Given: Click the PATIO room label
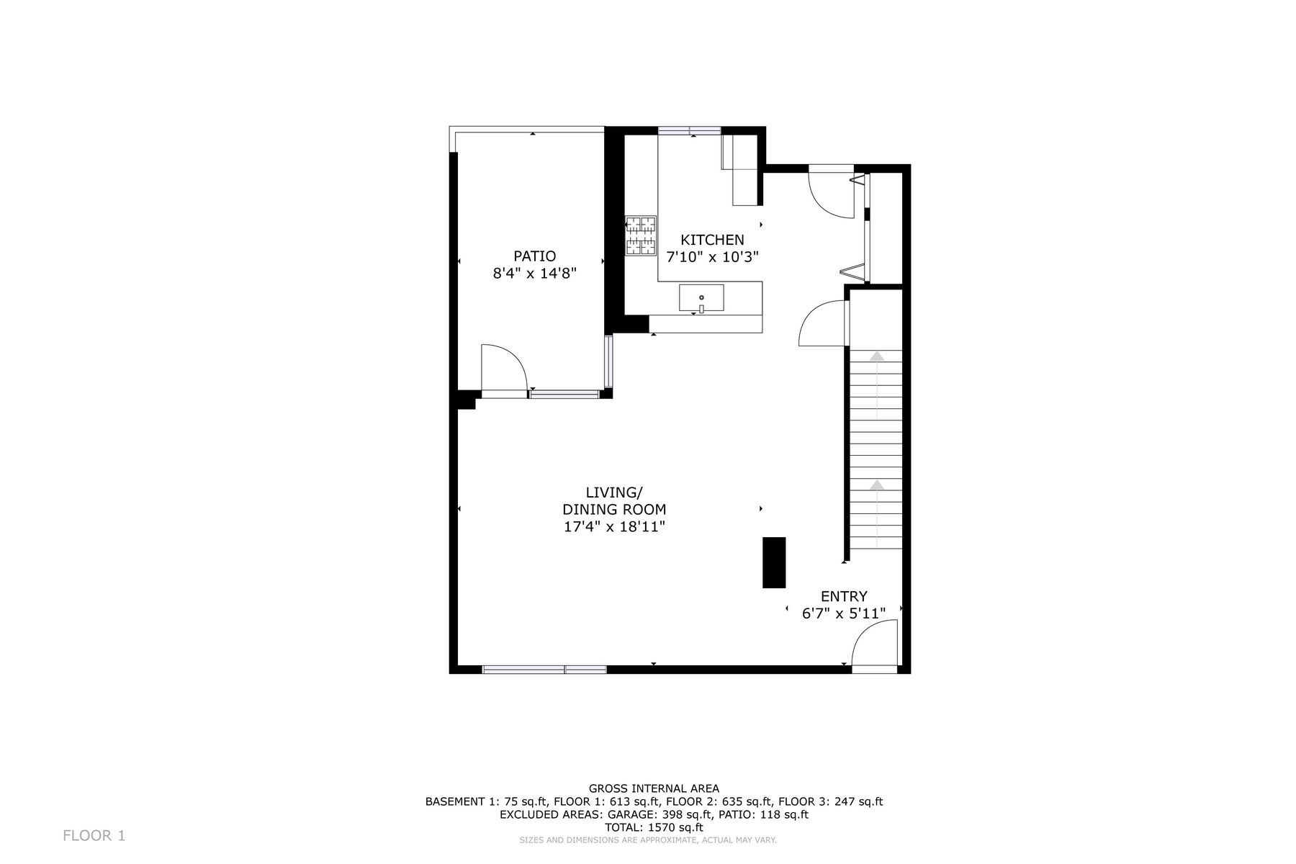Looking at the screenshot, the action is coord(534,256).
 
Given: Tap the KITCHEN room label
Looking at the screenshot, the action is coord(713,240).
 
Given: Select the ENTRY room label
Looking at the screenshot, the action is coord(844,596).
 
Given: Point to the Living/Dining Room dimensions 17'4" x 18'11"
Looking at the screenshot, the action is coord(614,527).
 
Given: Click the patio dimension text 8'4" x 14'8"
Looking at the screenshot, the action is coord(535,274).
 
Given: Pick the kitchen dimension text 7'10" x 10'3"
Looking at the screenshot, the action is coord(713,257).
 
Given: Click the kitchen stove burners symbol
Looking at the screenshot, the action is coord(641,235).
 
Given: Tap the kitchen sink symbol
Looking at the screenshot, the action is coord(701,298).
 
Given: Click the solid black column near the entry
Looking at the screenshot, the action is coord(774,562).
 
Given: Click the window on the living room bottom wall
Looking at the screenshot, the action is coord(544,670).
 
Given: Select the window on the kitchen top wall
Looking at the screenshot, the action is coord(690,131).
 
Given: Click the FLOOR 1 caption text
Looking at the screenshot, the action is coord(94,836).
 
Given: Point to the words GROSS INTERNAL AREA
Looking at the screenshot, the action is coord(654,788).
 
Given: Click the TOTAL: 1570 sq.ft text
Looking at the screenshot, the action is coord(654,828).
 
